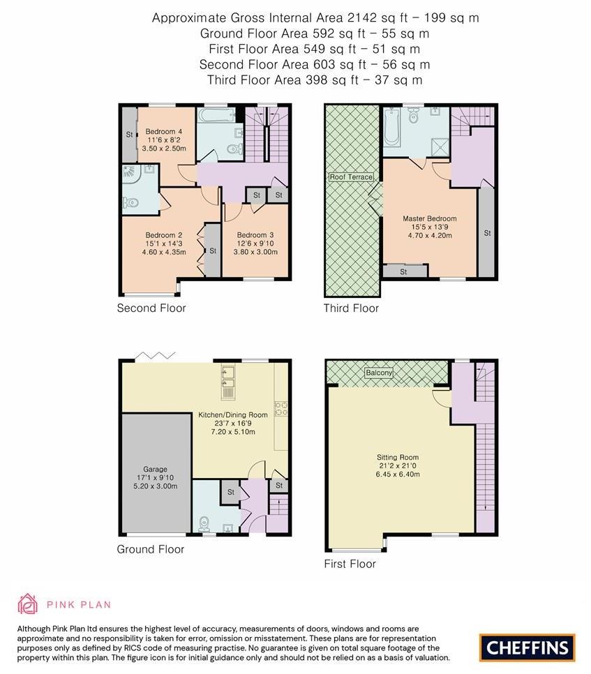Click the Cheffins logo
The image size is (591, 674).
(x=527, y=647)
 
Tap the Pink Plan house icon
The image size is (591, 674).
(x=27, y=604)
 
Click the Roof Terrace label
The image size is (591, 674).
(x=351, y=177)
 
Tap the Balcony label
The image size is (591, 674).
(x=379, y=373)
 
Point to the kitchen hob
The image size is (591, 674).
(x=282, y=408)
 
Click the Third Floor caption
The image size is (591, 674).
(x=351, y=308)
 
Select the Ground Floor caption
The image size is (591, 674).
(x=150, y=549)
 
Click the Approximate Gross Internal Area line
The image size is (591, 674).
(x=315, y=18)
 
